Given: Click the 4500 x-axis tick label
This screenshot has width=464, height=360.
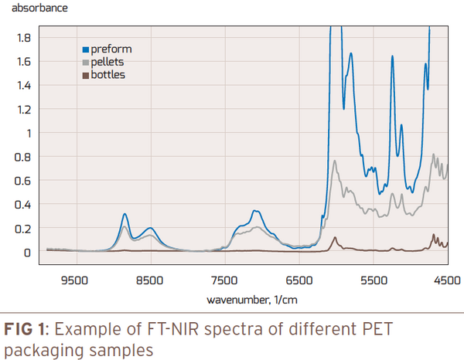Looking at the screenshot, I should (446, 281).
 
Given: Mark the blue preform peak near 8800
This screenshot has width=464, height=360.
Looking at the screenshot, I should (125, 213).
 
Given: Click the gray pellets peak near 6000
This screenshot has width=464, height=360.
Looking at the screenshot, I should (335, 161).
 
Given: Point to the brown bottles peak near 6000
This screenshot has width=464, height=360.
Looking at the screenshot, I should (334, 237).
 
